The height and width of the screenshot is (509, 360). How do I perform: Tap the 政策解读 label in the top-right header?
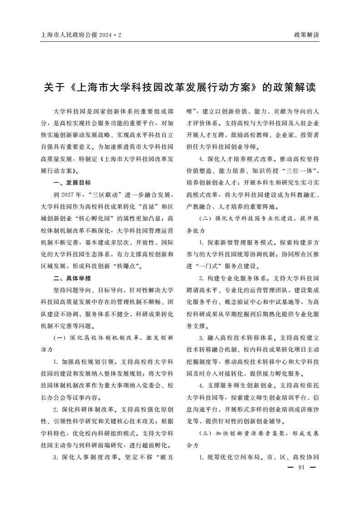point(306,34)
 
